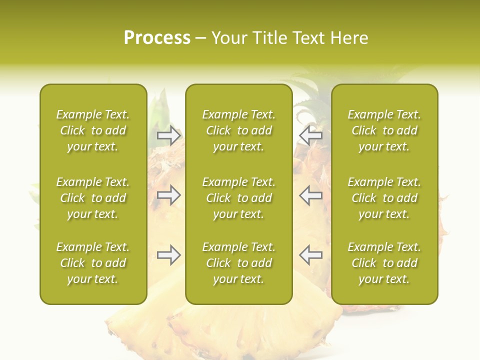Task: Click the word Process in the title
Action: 157,38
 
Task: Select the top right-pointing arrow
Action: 169,135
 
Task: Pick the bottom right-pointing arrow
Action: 169,255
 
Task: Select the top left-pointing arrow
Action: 311,135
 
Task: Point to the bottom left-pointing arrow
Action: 311,255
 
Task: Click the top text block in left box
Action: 93,130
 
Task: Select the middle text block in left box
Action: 93,198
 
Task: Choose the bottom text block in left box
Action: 93,263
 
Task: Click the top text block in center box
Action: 238,130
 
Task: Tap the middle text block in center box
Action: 238,198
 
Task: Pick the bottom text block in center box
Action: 238,263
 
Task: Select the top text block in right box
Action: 384,130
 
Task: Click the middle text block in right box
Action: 384,198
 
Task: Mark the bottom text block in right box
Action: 384,263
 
